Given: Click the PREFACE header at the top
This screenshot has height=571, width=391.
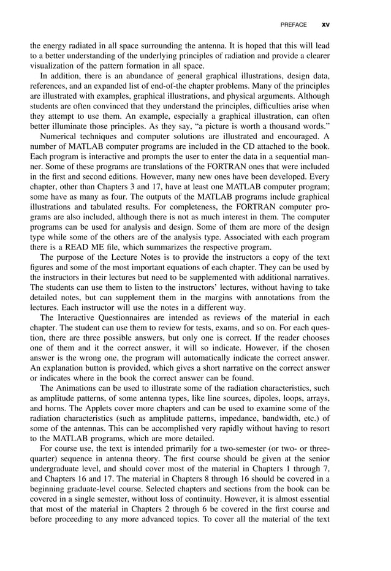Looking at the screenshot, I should tap(293, 25).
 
